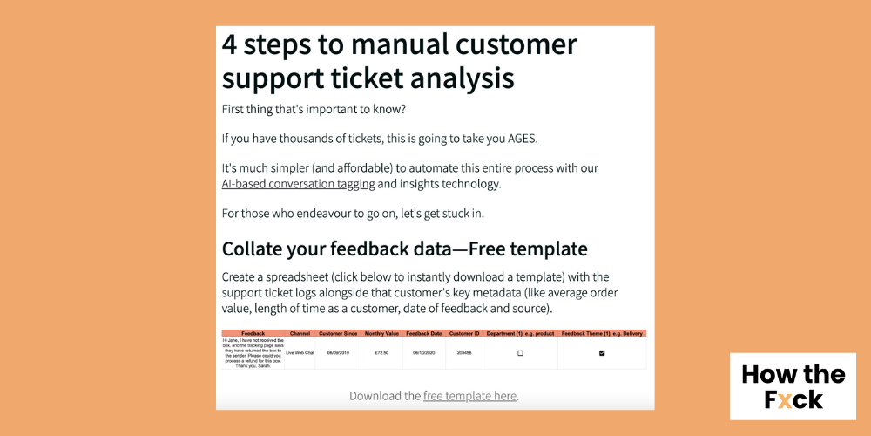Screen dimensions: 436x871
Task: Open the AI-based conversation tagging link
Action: [298, 184]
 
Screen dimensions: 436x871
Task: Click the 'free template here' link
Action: [469, 395]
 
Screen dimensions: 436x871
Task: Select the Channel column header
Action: [300, 333]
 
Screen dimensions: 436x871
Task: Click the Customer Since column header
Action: [338, 333]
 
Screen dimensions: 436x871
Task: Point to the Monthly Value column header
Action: [381, 333]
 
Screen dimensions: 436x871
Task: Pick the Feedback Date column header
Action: [424, 333]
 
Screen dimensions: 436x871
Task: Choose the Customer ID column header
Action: [465, 333]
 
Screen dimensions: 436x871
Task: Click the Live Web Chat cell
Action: [300, 353]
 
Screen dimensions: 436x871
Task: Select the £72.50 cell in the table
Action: [381, 353]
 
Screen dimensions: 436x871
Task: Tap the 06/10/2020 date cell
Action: [424, 353]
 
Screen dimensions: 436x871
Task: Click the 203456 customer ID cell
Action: [465, 353]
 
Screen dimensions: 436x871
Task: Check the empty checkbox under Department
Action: [520, 353]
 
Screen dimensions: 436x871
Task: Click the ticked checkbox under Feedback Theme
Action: [602, 353]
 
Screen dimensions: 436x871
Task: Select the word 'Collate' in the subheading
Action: [258, 249]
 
